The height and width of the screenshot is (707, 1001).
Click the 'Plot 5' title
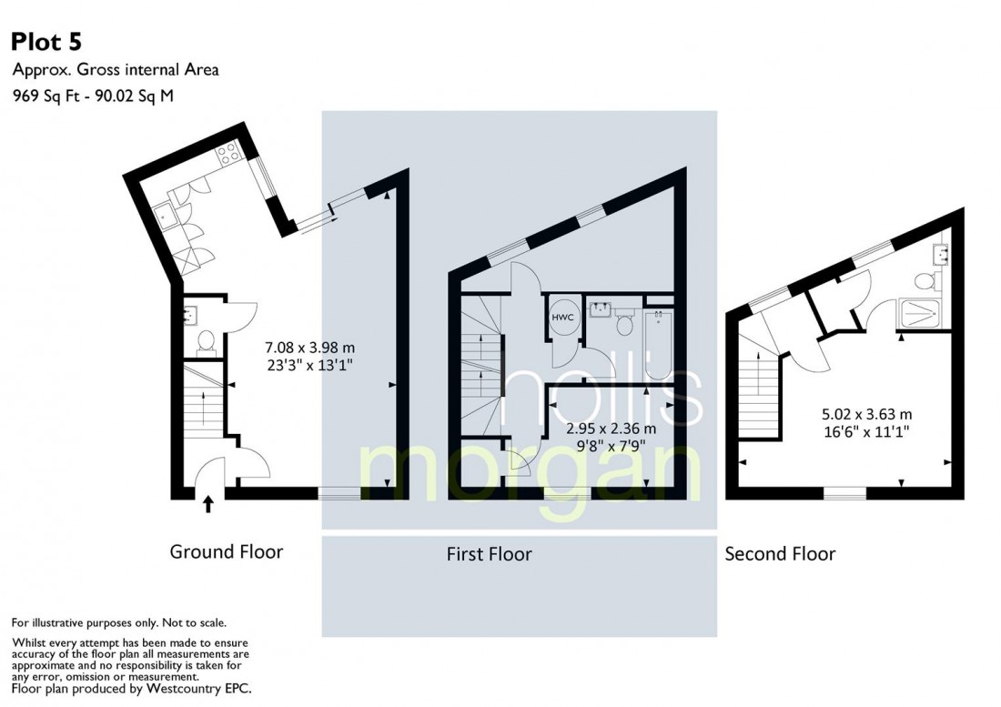coord(48,42)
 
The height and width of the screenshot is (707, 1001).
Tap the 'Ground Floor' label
coord(227,551)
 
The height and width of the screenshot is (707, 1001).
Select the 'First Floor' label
coord(489,553)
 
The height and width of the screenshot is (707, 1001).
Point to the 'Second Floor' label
coord(780,553)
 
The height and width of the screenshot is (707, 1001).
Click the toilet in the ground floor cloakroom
coord(206,341)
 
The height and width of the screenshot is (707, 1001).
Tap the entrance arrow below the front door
coord(208,503)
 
